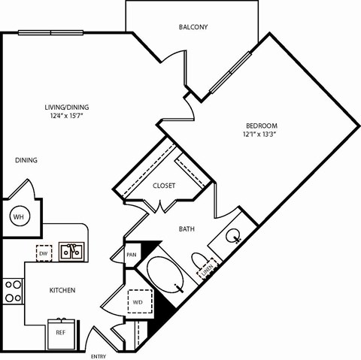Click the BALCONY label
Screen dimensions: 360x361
click(193, 27)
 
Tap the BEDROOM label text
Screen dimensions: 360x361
click(262, 125)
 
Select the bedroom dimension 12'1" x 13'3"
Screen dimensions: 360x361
click(261, 135)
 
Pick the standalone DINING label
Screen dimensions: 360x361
click(26, 160)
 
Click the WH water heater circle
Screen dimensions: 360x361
click(18, 217)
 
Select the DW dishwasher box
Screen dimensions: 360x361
click(44, 253)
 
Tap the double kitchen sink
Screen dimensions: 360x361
click(72, 250)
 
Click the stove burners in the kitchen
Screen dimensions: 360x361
click(14, 290)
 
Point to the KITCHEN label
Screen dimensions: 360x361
click(62, 290)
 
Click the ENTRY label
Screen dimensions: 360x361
click(99, 355)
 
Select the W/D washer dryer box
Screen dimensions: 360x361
click(139, 303)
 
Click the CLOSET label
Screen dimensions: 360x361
click(164, 186)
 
